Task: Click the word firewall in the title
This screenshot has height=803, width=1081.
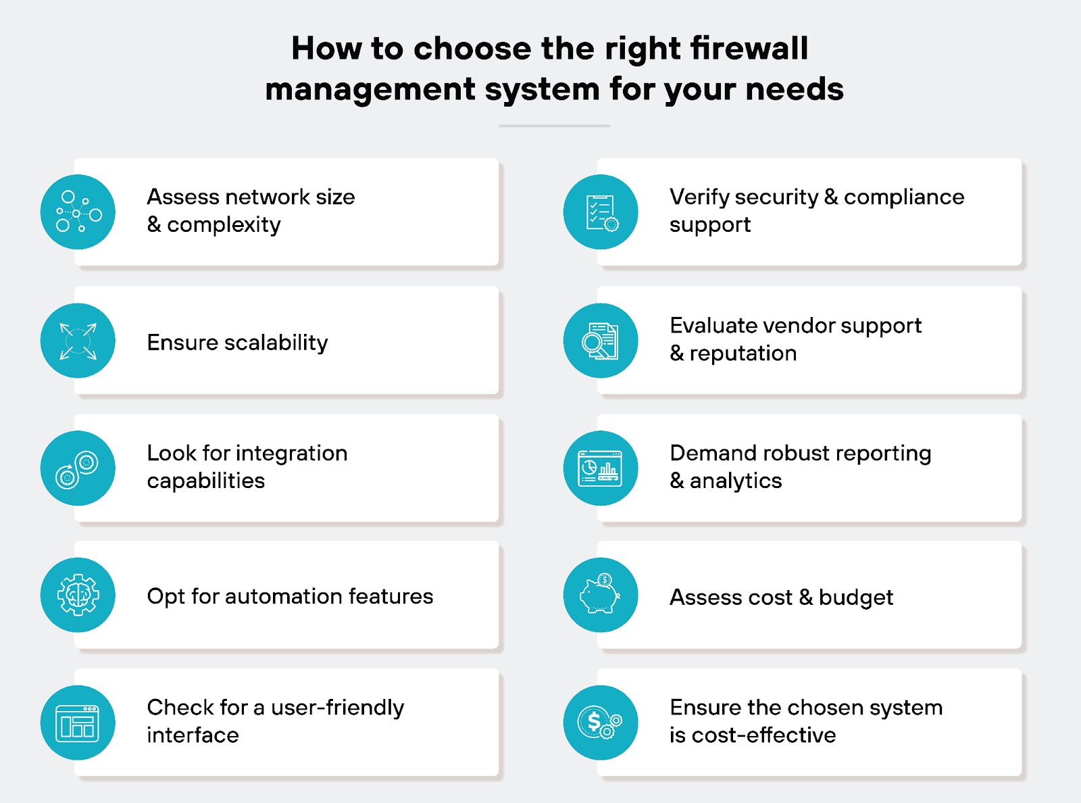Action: click(749, 49)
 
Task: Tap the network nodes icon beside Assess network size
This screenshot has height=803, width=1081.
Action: click(78, 212)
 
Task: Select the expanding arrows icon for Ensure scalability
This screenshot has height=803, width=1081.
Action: click(78, 341)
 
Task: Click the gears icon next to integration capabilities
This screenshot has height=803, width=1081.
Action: click(78, 468)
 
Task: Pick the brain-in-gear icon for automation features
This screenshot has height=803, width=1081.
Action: click(78, 595)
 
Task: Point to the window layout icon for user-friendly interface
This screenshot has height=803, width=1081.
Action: click(78, 723)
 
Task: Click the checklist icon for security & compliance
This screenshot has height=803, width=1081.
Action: click(601, 212)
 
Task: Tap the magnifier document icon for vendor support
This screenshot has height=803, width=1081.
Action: click(601, 341)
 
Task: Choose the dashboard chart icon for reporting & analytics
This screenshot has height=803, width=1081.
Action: click(601, 468)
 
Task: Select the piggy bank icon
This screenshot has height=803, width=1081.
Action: click(601, 595)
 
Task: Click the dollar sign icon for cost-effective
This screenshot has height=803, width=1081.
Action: click(601, 723)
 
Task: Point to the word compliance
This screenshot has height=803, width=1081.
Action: click(904, 197)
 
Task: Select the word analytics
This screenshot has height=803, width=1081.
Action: click(736, 481)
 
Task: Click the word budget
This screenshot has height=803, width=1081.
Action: click(856, 598)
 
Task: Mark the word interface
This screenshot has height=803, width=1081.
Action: click(193, 735)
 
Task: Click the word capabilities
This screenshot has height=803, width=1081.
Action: click(206, 481)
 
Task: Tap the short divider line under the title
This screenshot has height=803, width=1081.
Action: click(554, 126)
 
